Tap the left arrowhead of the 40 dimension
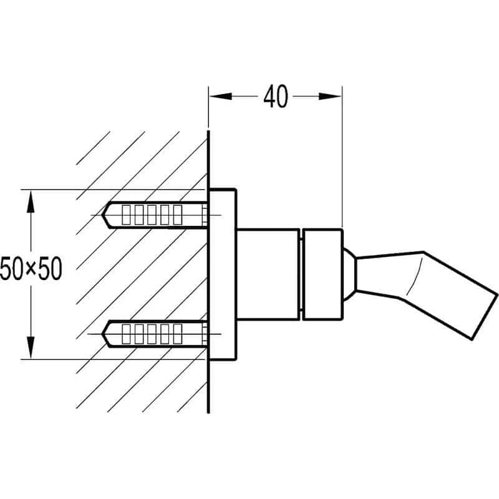[x=216, y=96]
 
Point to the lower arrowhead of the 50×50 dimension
[x=29, y=351]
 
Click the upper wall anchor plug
[x=156, y=215]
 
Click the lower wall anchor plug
[x=156, y=334]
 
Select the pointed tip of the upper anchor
[x=107, y=215]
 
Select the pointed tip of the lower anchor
[x=107, y=334]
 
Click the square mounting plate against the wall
[x=223, y=274]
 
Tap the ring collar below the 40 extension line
[x=322, y=274]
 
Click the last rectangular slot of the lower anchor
[x=177, y=334]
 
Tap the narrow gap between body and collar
[x=300, y=274]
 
